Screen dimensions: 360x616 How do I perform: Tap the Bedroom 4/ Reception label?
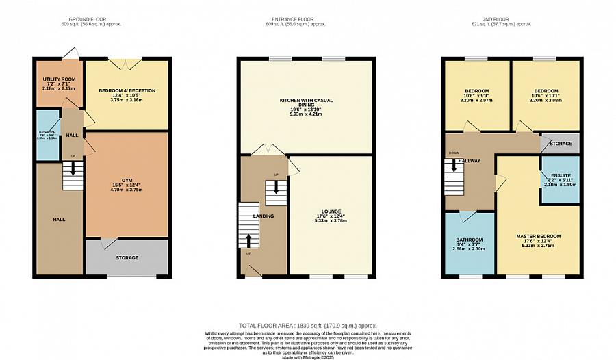[x=127, y=90]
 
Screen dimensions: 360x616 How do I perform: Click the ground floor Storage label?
[x=127, y=258]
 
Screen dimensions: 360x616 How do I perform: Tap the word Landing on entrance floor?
[x=264, y=216]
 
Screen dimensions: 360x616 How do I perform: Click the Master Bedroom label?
[x=538, y=236]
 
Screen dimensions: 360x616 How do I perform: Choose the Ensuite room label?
[x=559, y=175]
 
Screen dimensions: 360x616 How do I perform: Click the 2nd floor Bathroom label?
[x=469, y=240]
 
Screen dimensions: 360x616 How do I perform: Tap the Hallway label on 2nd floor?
[x=469, y=161]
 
